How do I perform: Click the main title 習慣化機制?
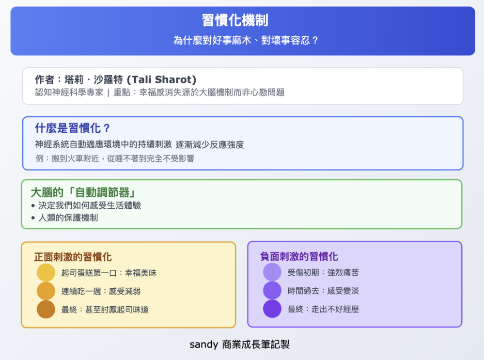tap(235, 20)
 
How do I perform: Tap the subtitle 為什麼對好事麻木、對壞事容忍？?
tap(246, 40)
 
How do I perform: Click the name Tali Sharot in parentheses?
tap(161, 79)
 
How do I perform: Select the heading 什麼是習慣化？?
tap(72, 128)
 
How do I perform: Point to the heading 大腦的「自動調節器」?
tap(83, 192)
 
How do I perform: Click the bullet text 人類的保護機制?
tap(68, 218)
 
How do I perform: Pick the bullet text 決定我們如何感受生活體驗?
tap(90, 205)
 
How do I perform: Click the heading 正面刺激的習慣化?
tap(73, 257)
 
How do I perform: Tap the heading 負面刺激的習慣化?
tap(299, 256)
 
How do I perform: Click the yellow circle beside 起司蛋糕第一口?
tap(46, 273)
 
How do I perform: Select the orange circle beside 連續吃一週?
tap(46, 291)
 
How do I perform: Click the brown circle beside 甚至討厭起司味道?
tap(46, 309)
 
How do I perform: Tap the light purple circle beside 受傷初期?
tap(272, 272)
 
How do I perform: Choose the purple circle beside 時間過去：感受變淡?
tap(272, 290)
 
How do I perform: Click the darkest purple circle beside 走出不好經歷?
tap(272, 309)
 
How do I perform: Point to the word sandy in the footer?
tap(203, 344)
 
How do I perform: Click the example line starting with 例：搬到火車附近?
tap(115, 158)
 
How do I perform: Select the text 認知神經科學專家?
tap(69, 93)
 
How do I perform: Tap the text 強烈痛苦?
tap(343, 272)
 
